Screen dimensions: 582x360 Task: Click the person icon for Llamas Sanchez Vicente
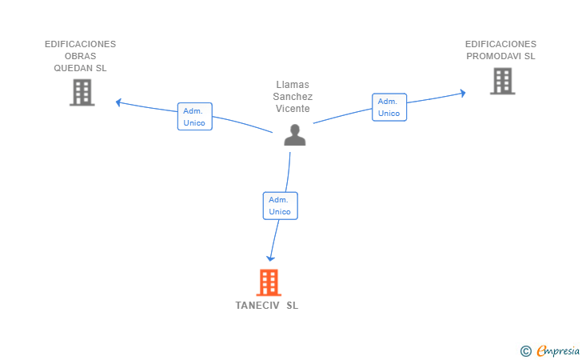tap(295, 135)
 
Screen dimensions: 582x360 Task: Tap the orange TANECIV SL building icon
tap(269, 282)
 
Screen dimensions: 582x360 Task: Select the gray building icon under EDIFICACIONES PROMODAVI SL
tap(503, 81)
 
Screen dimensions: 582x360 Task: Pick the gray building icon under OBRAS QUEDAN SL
tap(82, 93)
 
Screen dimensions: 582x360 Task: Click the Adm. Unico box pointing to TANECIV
tap(281, 206)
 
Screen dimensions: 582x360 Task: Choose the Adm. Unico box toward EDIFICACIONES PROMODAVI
tap(389, 107)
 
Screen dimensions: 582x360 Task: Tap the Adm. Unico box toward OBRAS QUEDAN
tap(195, 117)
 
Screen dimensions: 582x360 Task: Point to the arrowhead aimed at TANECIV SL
tap(270, 258)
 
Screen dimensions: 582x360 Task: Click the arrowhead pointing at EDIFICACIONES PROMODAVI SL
tap(463, 93)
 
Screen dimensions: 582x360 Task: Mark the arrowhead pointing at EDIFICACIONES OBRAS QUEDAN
tap(119, 102)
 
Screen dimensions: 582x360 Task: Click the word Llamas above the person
tap(293, 85)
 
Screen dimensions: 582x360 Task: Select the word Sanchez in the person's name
tap(293, 97)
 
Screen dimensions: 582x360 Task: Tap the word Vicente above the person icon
tap(293, 109)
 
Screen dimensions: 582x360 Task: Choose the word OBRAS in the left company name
tap(81, 56)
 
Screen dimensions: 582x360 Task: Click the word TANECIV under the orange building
tap(257, 306)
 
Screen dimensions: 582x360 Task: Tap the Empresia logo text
tap(558, 350)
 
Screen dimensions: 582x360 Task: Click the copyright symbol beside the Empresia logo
tap(526, 351)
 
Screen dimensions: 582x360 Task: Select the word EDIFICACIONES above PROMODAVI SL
tap(500, 44)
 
